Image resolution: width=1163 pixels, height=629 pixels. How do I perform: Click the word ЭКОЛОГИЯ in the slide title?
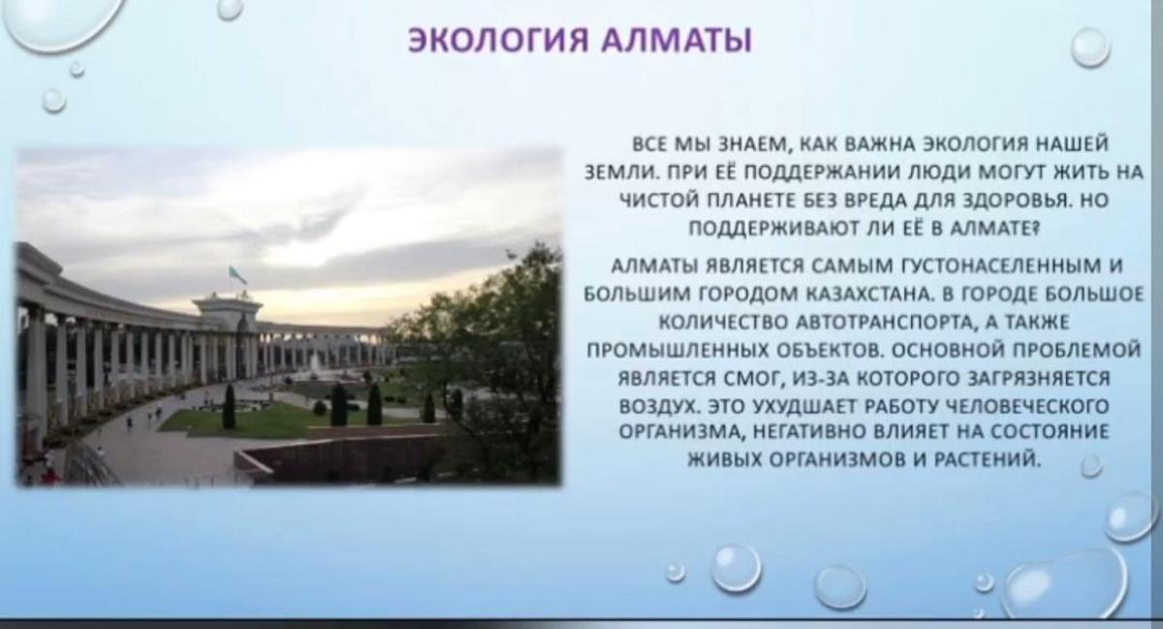click(498, 40)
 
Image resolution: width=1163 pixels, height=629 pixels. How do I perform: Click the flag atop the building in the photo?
click(237, 275)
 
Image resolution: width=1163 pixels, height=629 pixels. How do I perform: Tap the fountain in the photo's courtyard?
click(315, 365)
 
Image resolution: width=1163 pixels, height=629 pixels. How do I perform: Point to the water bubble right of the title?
click(1090, 47)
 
